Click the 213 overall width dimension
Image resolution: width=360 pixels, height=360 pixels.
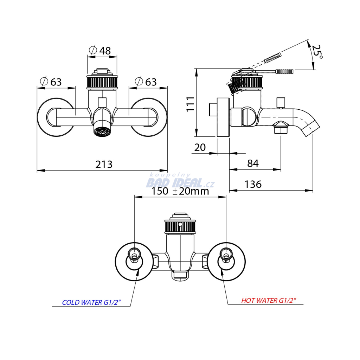(x=104, y=164)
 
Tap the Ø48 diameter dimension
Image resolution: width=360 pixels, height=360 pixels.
(x=100, y=51)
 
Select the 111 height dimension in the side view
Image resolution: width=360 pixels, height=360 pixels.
(x=190, y=103)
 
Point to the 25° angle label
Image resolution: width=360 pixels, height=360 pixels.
(x=317, y=52)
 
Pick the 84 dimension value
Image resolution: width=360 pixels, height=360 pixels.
(x=253, y=163)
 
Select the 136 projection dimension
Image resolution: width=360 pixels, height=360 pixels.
(x=253, y=184)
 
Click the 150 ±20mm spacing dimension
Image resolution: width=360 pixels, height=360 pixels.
(x=180, y=191)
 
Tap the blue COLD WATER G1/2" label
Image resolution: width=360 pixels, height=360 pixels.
(x=91, y=302)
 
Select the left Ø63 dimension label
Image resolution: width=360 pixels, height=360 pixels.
(x=51, y=82)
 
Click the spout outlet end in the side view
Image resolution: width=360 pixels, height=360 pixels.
(x=311, y=128)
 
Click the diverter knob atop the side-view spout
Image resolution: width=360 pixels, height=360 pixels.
(x=281, y=103)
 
